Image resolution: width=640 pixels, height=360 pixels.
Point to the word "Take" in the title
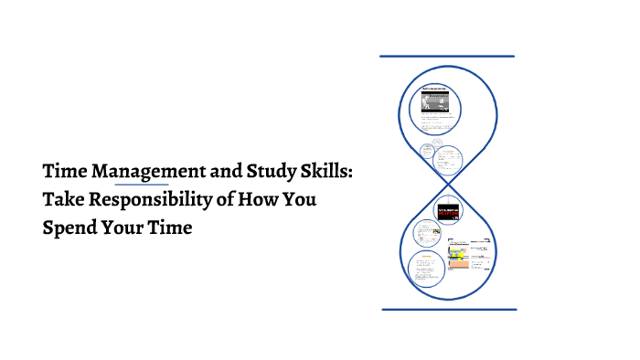coord(64,199)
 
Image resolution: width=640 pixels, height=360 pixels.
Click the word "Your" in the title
coord(125,228)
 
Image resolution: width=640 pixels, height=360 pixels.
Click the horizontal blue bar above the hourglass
coord(447,56)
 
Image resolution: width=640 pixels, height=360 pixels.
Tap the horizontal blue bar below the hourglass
coord(448,310)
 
